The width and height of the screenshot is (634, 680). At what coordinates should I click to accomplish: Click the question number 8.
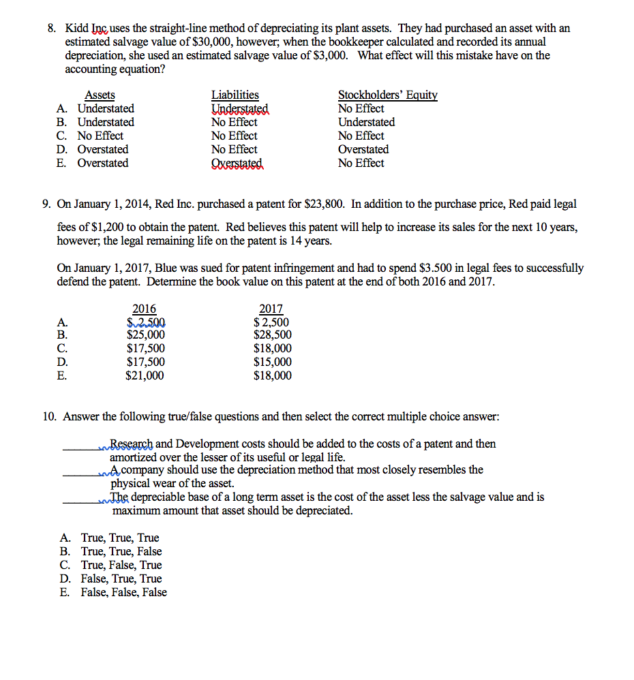(x=51, y=29)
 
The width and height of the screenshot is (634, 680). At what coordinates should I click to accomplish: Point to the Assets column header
(x=100, y=95)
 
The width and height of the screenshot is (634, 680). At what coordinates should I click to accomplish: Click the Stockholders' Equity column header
(x=387, y=95)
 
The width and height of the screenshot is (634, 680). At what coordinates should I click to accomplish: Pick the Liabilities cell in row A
(x=241, y=109)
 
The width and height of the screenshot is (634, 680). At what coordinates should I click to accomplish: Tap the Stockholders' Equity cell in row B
(x=366, y=123)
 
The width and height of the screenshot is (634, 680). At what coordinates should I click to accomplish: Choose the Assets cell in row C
(x=100, y=136)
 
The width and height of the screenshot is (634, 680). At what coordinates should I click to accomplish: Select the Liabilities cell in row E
(x=237, y=164)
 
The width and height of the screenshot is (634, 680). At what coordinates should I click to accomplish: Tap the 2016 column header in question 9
(x=144, y=309)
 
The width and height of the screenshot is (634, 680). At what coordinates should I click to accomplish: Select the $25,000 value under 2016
(x=145, y=335)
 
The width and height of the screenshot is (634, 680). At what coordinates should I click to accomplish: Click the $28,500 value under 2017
(x=272, y=335)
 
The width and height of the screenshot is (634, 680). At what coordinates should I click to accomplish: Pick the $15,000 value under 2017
(x=272, y=362)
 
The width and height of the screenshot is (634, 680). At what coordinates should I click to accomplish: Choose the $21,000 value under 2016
(x=145, y=376)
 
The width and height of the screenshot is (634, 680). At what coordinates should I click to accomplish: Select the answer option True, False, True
(x=121, y=566)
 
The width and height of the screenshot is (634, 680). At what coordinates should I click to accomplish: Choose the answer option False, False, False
(x=123, y=593)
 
